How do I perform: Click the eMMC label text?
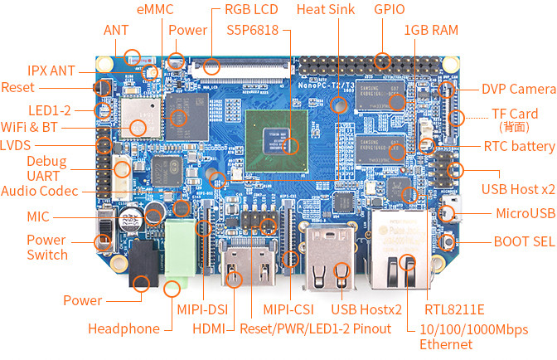coord(155,9)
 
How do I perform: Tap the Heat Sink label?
coord(326,9)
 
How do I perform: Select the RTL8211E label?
coord(454,309)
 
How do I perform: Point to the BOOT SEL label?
coord(524,241)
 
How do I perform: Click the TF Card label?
coord(515,114)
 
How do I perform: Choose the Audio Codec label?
coord(40,191)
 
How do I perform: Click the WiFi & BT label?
coord(29,127)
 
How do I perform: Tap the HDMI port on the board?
coord(249,262)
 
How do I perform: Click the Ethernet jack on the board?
coord(400,250)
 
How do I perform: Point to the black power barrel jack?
coord(143,263)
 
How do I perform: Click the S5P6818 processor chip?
coord(277,141)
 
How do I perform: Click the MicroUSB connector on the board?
coord(451,209)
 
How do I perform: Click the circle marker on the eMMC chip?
coord(178,119)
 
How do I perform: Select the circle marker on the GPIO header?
coord(382,61)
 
